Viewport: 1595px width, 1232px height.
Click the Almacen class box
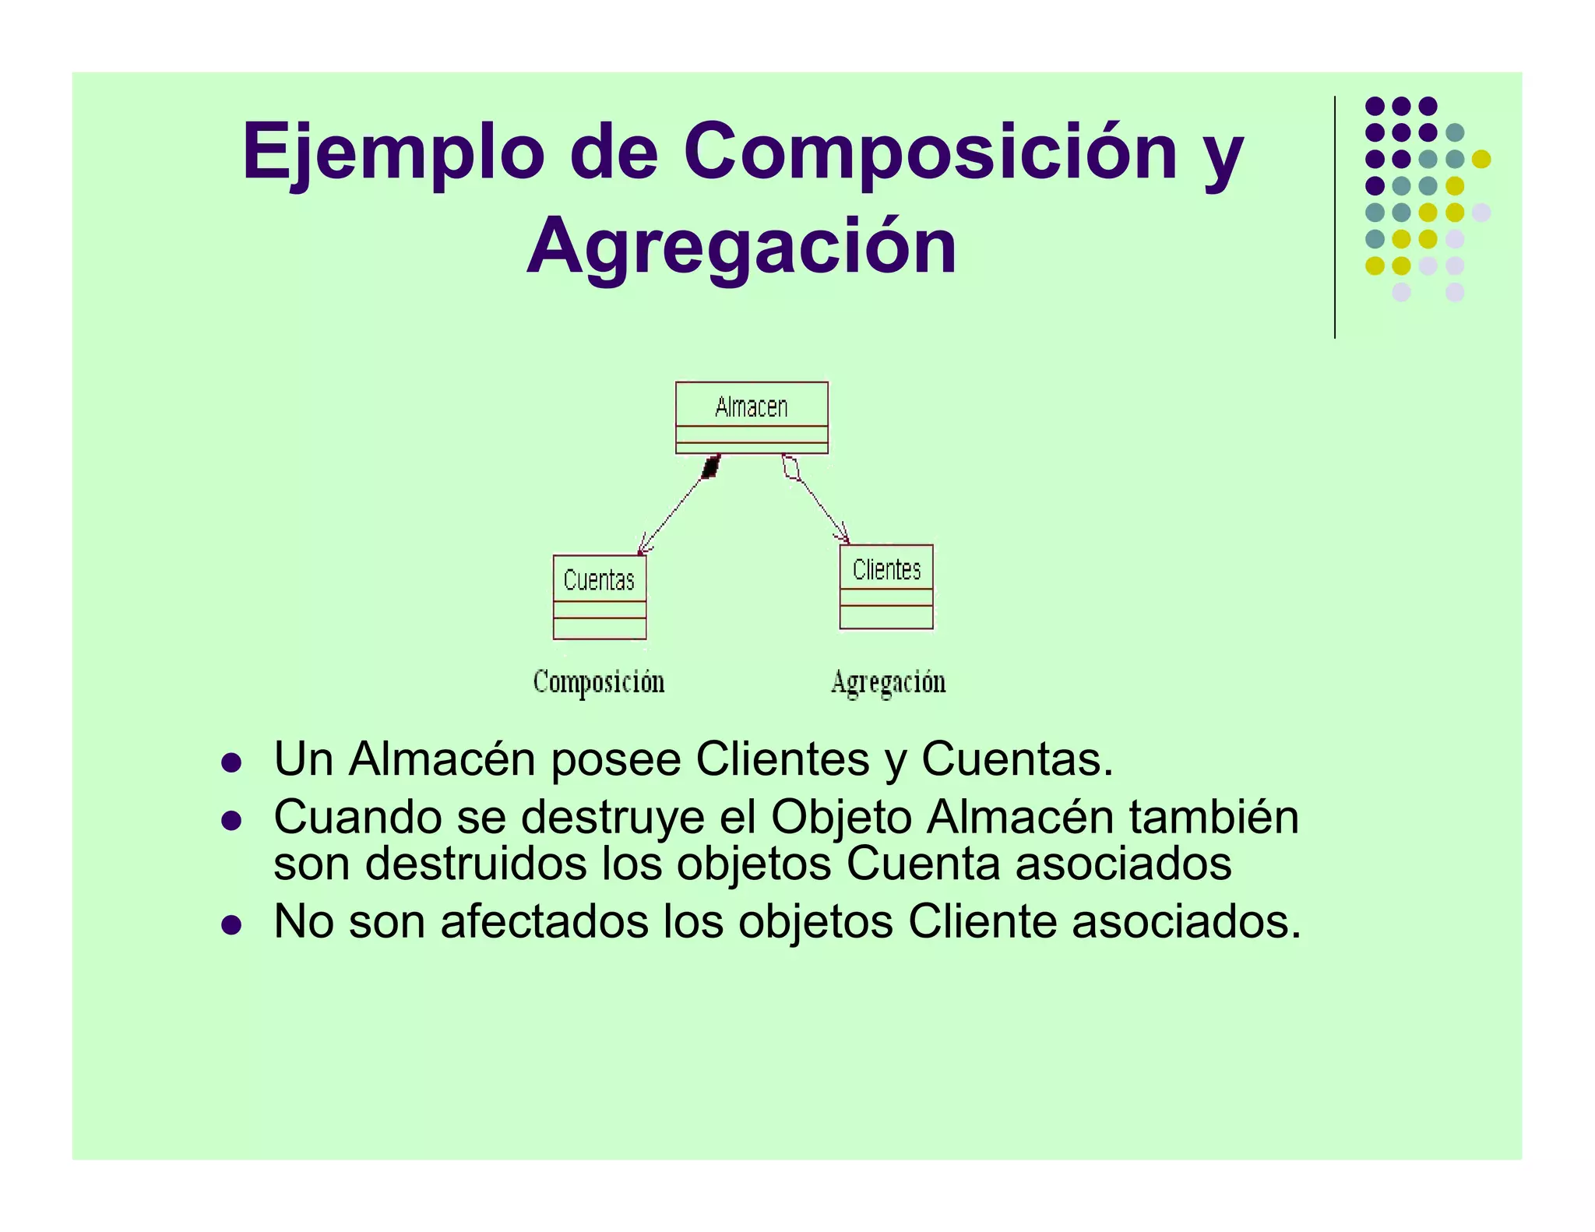point(752,417)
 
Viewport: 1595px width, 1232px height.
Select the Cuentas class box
point(600,597)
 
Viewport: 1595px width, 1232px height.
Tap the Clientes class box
point(886,586)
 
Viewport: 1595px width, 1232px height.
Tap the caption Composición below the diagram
point(599,681)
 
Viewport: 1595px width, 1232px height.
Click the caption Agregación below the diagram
point(888,682)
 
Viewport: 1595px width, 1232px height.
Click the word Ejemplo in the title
point(393,152)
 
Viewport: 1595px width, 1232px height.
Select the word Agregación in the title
point(741,247)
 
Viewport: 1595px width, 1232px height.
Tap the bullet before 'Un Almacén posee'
point(231,762)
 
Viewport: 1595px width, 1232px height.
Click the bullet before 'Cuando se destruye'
point(231,820)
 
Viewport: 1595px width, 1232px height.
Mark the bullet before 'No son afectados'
point(231,924)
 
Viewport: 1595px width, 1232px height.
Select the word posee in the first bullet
point(615,759)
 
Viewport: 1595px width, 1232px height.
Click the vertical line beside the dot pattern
point(1335,217)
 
